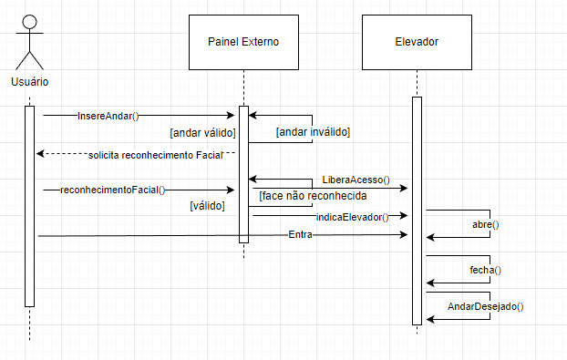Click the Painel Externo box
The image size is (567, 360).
pyautogui.click(x=243, y=42)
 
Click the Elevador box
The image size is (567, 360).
pyautogui.click(x=417, y=42)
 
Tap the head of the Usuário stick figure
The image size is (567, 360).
pyautogui.click(x=30, y=21)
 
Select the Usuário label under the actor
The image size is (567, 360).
pyautogui.click(x=30, y=82)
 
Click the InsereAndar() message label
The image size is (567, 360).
pyautogui.click(x=108, y=116)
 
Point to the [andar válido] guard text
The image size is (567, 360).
pyautogui.click(x=203, y=132)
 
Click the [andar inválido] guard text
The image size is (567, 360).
pyautogui.click(x=314, y=132)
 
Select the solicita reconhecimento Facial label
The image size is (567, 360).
pyautogui.click(x=155, y=155)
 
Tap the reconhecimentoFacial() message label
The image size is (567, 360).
pyautogui.click(x=113, y=190)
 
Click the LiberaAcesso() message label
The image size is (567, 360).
pyautogui.click(x=356, y=180)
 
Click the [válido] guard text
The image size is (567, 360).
pyautogui.click(x=207, y=206)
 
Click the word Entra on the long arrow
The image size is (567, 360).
pyautogui.click(x=300, y=235)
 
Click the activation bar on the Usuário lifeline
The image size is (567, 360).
pyautogui.click(x=29, y=205)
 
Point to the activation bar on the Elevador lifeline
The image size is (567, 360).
pyautogui.click(x=417, y=210)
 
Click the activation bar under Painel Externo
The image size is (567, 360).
pyautogui.click(x=243, y=173)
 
